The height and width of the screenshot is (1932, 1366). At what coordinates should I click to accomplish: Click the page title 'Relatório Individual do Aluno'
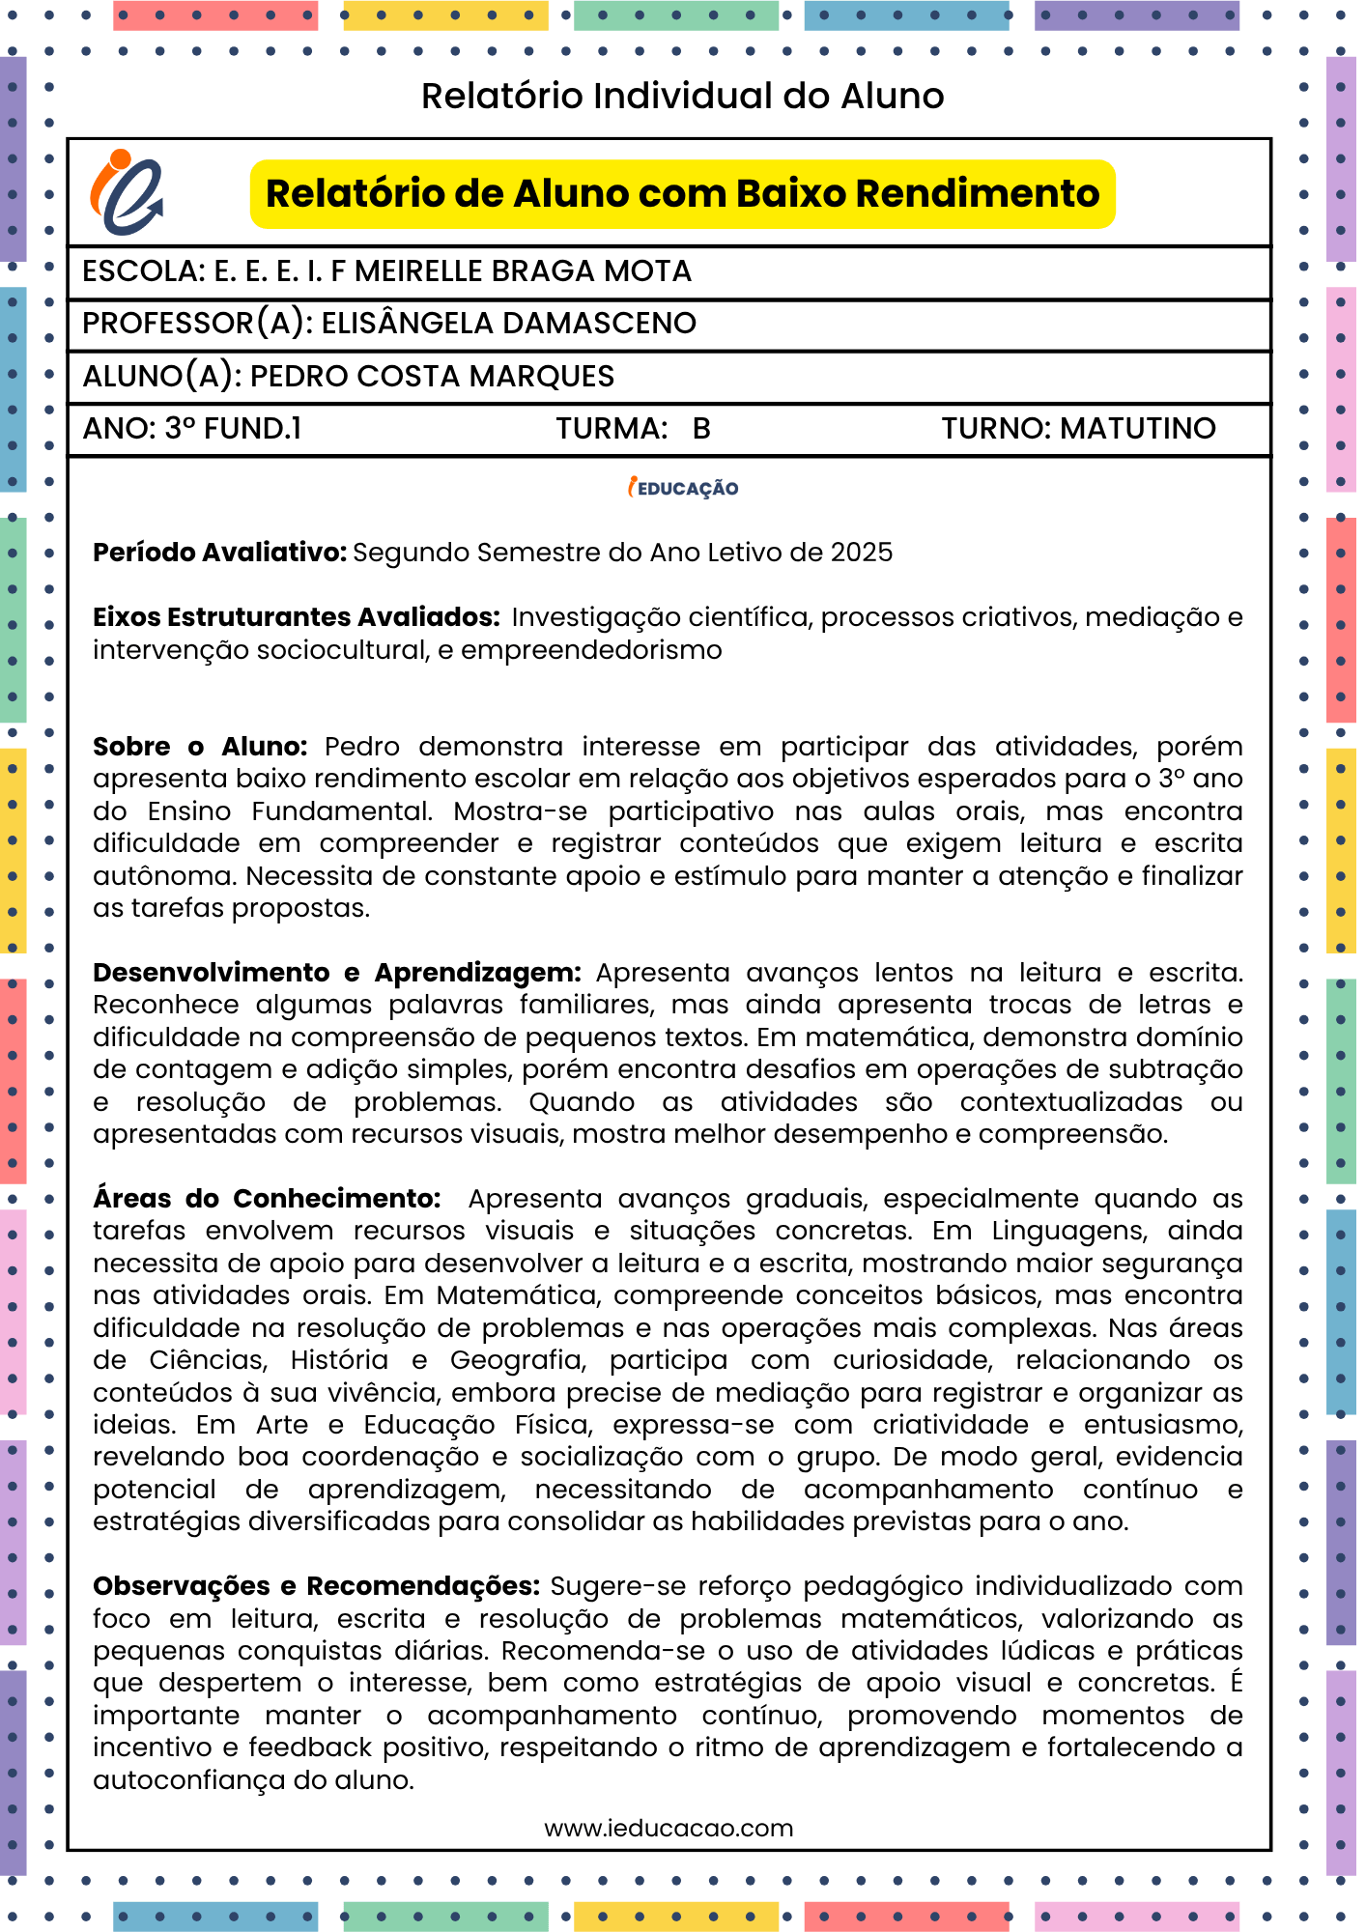point(682,96)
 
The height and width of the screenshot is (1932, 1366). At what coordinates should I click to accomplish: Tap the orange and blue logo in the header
point(127,192)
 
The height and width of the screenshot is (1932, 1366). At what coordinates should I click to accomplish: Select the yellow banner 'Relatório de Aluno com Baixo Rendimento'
point(682,194)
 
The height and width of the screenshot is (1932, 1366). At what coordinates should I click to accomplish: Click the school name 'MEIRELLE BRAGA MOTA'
point(523,271)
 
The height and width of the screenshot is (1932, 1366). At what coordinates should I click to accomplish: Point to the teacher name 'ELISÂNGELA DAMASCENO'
point(508,324)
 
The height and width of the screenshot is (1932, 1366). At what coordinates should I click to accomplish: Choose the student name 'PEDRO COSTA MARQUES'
point(432,376)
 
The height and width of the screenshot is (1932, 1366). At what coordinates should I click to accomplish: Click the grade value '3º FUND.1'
point(233,428)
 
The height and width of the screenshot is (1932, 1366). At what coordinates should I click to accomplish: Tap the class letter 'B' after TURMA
point(701,429)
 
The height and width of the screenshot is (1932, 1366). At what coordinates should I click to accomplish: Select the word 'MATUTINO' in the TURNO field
point(1138,428)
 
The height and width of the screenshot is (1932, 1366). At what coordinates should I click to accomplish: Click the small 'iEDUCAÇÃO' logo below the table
point(683,488)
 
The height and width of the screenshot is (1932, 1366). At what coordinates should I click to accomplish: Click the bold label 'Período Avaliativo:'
point(219,553)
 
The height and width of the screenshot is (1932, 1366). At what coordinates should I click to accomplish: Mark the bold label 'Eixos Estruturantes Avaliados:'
point(296,617)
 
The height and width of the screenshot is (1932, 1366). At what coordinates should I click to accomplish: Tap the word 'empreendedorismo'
point(591,650)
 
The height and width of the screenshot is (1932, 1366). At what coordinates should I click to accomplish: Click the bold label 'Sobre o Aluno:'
point(200,747)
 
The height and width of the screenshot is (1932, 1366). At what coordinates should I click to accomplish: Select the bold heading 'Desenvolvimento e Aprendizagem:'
point(336,973)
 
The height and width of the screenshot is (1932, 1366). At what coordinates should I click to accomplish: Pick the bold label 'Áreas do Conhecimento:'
point(267,1199)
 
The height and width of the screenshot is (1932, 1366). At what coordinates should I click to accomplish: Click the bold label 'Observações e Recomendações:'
point(316,1586)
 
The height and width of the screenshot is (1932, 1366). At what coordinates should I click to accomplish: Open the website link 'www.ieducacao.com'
point(669,1828)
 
